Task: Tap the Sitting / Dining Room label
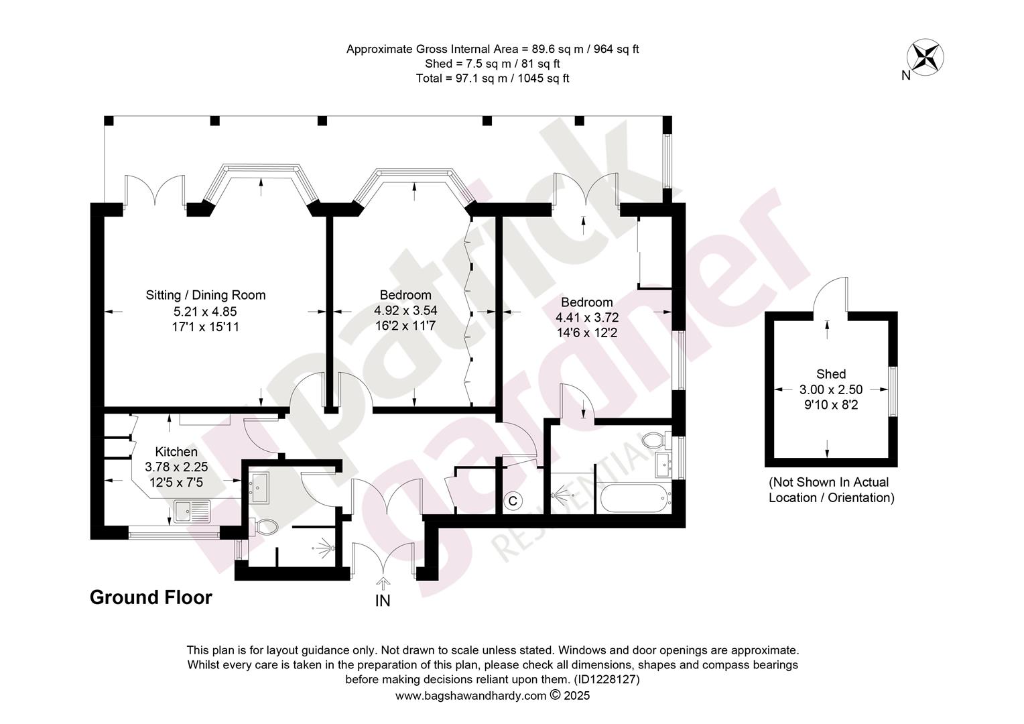[206, 295]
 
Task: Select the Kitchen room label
[176, 451]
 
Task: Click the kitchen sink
[192, 511]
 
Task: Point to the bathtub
[635, 498]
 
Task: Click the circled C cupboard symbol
[513, 501]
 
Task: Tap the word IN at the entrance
[383, 601]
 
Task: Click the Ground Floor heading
[151, 597]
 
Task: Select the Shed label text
[831, 373]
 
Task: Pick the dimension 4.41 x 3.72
[587, 317]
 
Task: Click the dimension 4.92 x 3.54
[405, 310]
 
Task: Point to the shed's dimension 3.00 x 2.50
[831, 389]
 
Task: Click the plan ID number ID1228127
[606, 679]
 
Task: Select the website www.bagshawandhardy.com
[471, 696]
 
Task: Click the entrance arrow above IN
[383, 585]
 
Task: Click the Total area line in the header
[493, 78]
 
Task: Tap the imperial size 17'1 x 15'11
[206, 326]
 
